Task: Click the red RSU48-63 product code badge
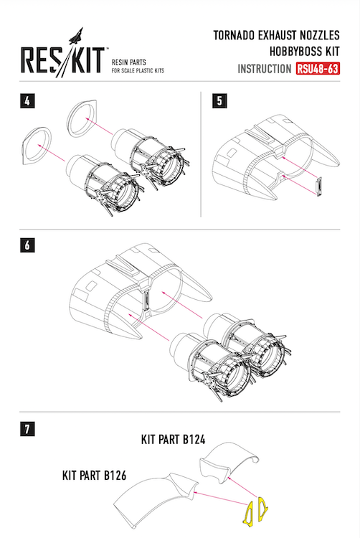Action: pyautogui.click(x=318, y=68)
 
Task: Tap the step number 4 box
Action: pyautogui.click(x=27, y=101)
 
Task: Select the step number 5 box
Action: pyautogui.click(x=219, y=101)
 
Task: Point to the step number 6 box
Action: pyautogui.click(x=27, y=245)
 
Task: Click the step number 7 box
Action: pyautogui.click(x=27, y=429)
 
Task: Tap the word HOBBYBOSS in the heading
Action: pyautogui.click(x=295, y=52)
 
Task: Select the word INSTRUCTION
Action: pyautogui.click(x=265, y=69)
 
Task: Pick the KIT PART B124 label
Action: pyautogui.click(x=173, y=440)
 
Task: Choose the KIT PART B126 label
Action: pyautogui.click(x=94, y=476)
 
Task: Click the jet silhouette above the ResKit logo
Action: pyautogui.click(x=76, y=36)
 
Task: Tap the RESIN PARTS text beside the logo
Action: pyautogui.click(x=129, y=62)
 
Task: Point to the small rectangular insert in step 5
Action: pyautogui.click(x=319, y=187)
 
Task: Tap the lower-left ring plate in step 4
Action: pyautogui.click(x=37, y=146)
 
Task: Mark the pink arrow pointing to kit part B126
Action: pyautogui.click(x=220, y=499)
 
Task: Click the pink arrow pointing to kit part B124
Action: pyautogui.click(x=243, y=487)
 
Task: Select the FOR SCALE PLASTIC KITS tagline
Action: pyautogui.click(x=138, y=71)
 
